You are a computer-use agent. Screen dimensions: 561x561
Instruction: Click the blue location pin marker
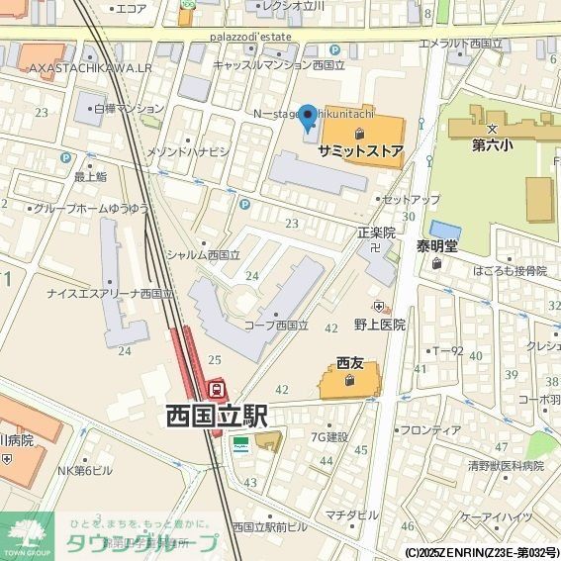pyautogui.click(x=308, y=119)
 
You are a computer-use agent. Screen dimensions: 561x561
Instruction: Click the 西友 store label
pyautogui.click(x=350, y=361)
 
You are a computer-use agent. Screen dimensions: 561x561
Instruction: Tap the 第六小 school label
pyautogui.click(x=491, y=144)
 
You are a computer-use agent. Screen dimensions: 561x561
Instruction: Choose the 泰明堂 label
pyautogui.click(x=436, y=246)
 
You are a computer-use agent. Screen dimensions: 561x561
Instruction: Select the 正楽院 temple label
pyautogui.click(x=376, y=233)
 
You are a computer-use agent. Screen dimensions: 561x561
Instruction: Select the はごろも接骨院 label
pyautogui.click(x=509, y=270)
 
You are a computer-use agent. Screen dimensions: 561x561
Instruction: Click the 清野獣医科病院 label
pyautogui.click(x=506, y=464)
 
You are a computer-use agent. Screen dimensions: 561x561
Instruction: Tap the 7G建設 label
pyautogui.click(x=328, y=436)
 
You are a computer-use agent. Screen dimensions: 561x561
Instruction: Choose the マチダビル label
pyautogui.click(x=351, y=514)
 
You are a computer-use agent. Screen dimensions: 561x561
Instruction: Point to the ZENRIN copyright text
pyautogui.click(x=481, y=552)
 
